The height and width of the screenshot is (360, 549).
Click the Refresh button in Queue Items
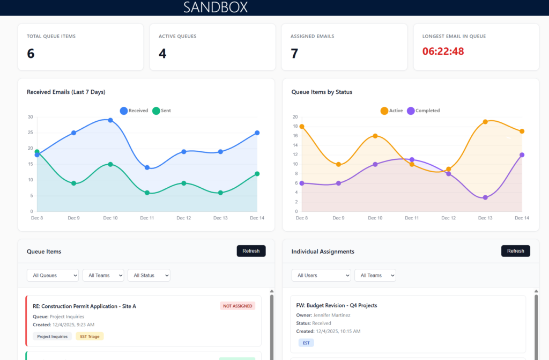click(x=251, y=251)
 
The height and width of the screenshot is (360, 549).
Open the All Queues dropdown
click(x=53, y=275)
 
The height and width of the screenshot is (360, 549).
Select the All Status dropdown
click(x=149, y=275)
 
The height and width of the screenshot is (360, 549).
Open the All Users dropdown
click(x=321, y=275)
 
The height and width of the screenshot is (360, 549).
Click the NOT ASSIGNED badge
click(x=238, y=306)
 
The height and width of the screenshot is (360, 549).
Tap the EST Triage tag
click(x=90, y=336)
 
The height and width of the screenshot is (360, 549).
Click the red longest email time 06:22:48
click(x=443, y=52)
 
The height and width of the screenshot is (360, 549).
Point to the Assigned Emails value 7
click(x=294, y=53)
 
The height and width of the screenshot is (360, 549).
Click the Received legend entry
click(x=134, y=111)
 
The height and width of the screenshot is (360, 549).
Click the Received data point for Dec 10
click(x=110, y=120)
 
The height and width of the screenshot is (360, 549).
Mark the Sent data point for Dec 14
click(x=257, y=174)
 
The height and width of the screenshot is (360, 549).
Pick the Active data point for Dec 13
click(x=485, y=122)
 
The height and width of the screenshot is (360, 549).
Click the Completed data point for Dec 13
click(x=485, y=197)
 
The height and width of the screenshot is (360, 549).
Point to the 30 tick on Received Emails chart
click(x=31, y=117)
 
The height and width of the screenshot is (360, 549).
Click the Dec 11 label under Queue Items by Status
click(x=412, y=218)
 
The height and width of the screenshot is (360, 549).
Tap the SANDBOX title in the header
click(x=216, y=8)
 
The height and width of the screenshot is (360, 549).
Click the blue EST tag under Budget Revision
click(x=306, y=343)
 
